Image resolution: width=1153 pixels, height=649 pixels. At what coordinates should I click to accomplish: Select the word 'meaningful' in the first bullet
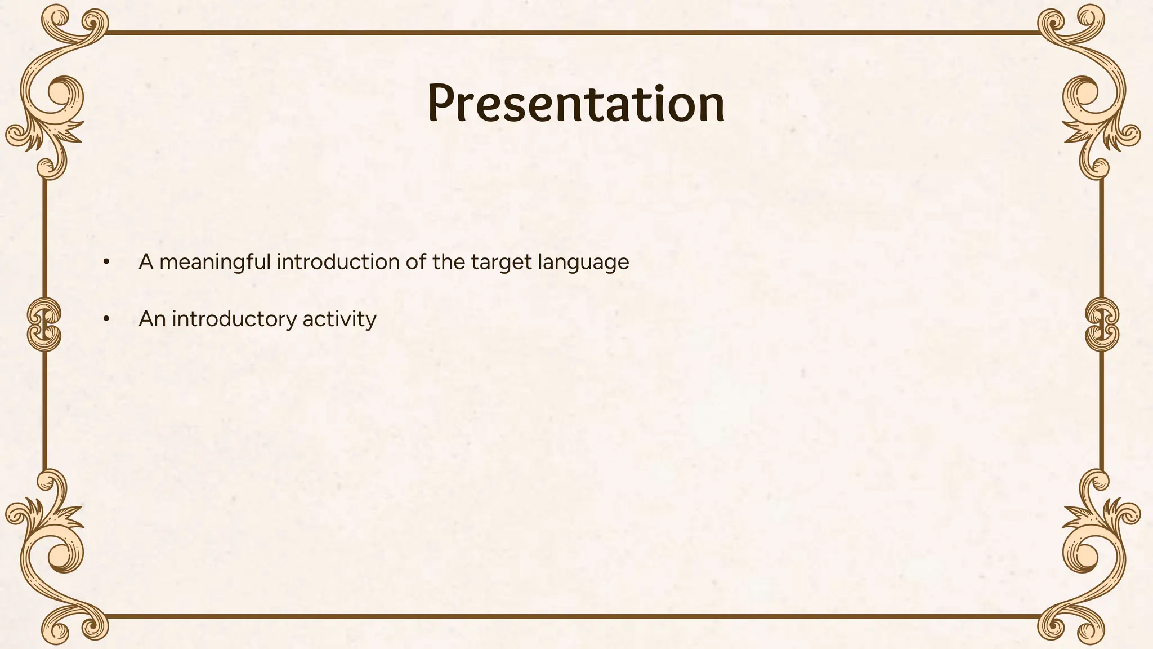[215, 263]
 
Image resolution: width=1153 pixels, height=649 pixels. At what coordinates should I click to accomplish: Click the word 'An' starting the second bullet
[152, 319]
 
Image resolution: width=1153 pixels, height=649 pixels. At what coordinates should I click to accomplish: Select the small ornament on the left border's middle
[44, 324]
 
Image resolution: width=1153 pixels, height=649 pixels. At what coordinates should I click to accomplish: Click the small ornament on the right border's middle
[1101, 324]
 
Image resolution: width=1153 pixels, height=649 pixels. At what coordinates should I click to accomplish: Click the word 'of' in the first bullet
[415, 262]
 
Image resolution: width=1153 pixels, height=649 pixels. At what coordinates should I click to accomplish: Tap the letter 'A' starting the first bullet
[146, 262]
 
